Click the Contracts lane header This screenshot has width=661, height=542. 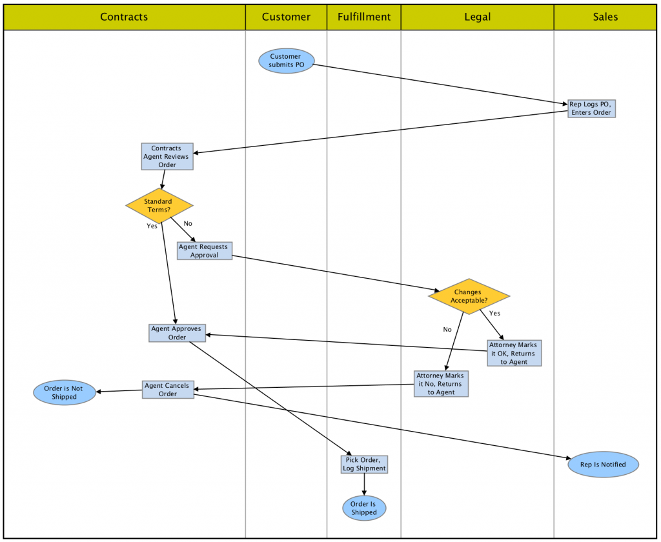click(x=124, y=17)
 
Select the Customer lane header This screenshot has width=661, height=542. click(x=286, y=17)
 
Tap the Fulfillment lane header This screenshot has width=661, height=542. click(x=364, y=17)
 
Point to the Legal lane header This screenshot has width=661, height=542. click(x=477, y=17)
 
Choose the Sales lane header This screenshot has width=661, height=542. click(x=605, y=17)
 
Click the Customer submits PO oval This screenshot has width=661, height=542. click(x=286, y=61)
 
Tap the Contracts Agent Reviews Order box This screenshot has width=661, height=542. click(x=167, y=157)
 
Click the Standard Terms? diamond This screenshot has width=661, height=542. click(x=159, y=206)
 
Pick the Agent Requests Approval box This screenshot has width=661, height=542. click(x=204, y=251)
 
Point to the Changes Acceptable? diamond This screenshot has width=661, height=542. click(x=469, y=296)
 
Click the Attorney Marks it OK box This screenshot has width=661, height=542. click(x=514, y=353)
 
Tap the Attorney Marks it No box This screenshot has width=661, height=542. click(x=441, y=383)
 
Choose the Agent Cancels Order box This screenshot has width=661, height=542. click(x=168, y=390)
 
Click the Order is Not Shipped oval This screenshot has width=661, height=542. click(x=65, y=392)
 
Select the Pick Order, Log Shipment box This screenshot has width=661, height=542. click(x=365, y=464)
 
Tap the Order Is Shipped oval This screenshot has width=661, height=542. click(x=364, y=508)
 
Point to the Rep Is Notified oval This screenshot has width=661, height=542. click(x=604, y=464)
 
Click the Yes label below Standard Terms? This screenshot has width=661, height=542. click(x=152, y=226)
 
